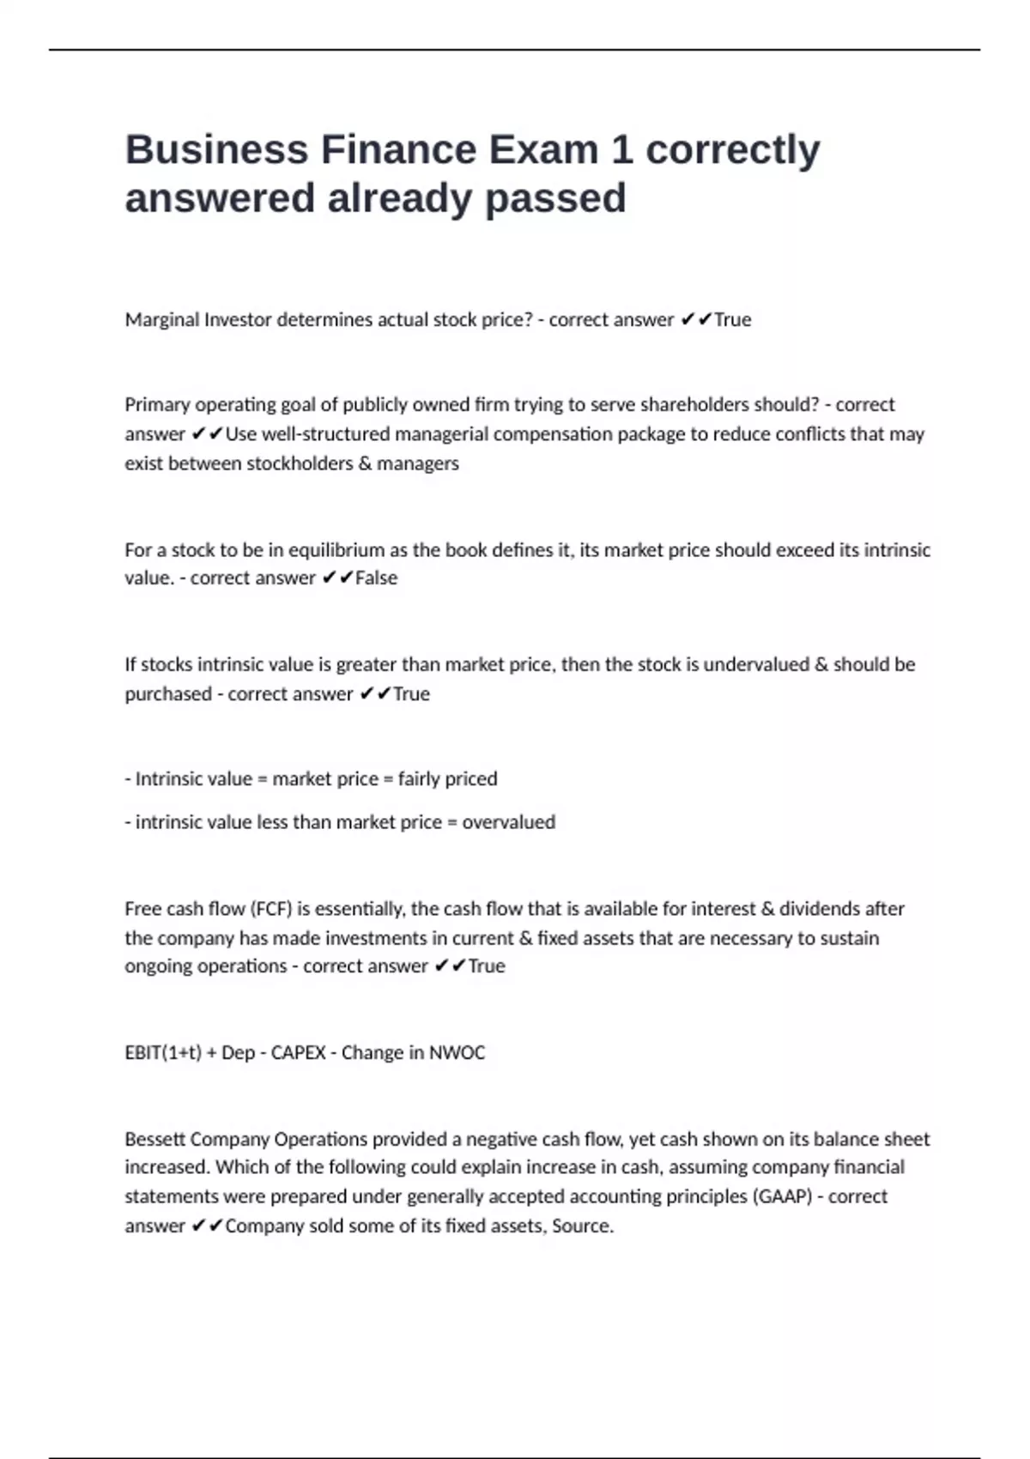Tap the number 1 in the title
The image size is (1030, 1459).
click(621, 149)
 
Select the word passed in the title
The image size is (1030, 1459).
click(555, 198)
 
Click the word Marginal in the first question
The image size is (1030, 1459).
click(161, 320)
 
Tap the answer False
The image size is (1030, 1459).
click(376, 578)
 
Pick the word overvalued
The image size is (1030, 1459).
click(508, 822)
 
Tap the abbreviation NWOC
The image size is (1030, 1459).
click(457, 1053)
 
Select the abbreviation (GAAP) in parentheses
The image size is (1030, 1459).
click(782, 1196)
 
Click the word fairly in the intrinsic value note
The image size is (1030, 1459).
click(418, 779)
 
